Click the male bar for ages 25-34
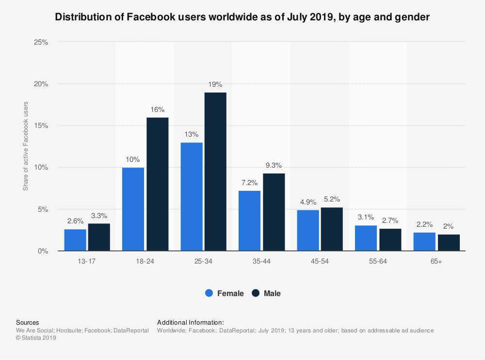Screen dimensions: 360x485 pyautogui.click(x=215, y=172)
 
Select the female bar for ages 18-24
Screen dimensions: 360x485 pyautogui.click(x=133, y=209)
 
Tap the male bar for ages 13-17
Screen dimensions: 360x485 pyautogui.click(x=99, y=237)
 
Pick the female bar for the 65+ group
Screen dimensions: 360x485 pyautogui.click(x=424, y=242)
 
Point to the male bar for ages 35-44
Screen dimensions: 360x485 pyautogui.click(x=274, y=212)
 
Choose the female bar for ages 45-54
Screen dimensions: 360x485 pyautogui.click(x=308, y=230)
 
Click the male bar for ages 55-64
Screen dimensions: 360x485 pyautogui.click(x=390, y=239)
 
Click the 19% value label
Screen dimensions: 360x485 pyautogui.click(x=215, y=84)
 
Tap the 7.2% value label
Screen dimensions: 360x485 pyautogui.click(x=250, y=183)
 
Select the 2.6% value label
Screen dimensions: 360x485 pyautogui.click(x=75, y=221)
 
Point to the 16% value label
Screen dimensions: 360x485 pyautogui.click(x=157, y=109)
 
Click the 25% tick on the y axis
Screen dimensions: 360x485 pyautogui.click(x=41, y=42)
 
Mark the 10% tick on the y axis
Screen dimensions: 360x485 pyautogui.click(x=41, y=168)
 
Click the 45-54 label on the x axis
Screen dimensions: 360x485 pyautogui.click(x=320, y=262)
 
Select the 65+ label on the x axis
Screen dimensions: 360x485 pyautogui.click(x=436, y=262)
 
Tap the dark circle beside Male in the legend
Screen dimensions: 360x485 pyautogui.click(x=256, y=293)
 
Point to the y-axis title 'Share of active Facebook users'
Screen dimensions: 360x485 pyautogui.click(x=26, y=146)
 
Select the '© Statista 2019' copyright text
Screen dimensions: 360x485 pyautogui.click(x=36, y=338)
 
